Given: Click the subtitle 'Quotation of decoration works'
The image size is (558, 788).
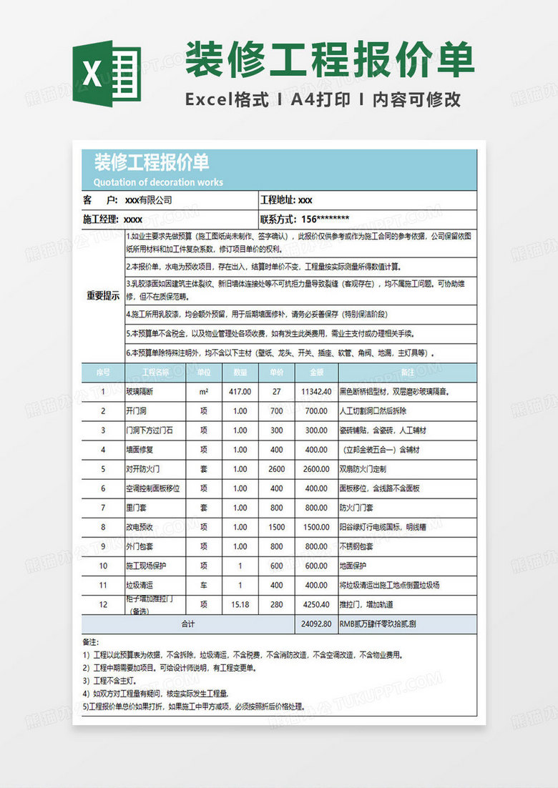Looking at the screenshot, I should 158,182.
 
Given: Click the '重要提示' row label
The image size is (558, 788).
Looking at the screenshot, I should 103,296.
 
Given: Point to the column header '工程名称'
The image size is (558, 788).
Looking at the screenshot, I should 155,372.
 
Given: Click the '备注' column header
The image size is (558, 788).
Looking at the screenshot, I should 408,372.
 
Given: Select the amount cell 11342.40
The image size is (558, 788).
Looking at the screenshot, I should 316,392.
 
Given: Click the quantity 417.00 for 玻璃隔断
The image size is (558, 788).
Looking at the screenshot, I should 240,392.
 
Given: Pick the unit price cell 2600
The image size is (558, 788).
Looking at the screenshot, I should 276,469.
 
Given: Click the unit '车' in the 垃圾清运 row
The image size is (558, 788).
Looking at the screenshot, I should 204,585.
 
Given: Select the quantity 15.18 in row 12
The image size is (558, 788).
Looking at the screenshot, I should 240,604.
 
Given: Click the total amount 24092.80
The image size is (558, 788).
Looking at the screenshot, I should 316,624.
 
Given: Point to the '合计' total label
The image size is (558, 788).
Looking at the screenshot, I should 187,624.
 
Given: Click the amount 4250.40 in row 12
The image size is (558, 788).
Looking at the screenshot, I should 316,604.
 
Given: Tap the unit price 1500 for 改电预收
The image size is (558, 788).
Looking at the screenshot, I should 276,527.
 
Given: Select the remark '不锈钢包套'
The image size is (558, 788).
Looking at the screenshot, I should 356,546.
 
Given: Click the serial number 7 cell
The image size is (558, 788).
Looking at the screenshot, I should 103,508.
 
